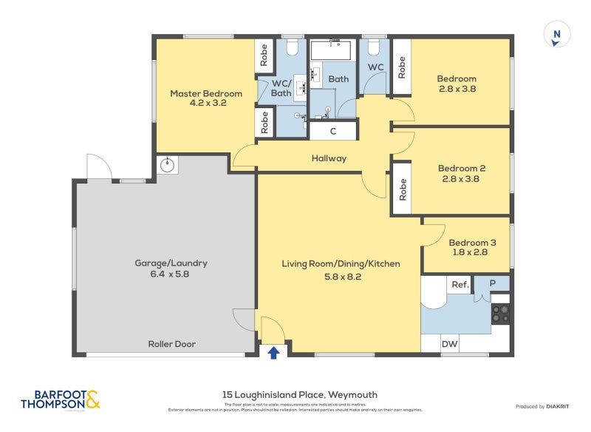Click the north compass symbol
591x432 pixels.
pos(556,36)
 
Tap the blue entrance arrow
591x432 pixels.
pos(273,352)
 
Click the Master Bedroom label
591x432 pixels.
pos(206,98)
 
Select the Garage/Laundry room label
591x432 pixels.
pos(171,268)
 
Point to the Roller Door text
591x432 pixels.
pos(171,344)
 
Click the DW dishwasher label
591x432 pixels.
pos(449,343)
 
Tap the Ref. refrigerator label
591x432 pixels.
pos(460,285)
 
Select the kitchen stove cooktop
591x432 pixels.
pos(500,314)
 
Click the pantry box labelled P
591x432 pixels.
pos(491,283)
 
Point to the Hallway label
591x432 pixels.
pos(329,158)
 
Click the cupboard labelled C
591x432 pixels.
pos(332,132)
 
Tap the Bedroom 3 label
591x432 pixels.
pos(472,247)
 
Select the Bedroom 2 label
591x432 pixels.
pos(461,173)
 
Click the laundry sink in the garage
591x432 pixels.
pos(167,165)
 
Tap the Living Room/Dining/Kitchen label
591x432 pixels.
pos(341,269)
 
